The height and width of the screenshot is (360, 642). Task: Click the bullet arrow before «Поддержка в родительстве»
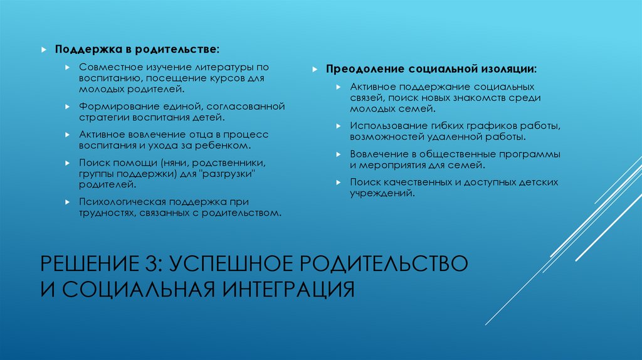45,49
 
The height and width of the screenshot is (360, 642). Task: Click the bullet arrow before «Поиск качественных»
337,183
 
